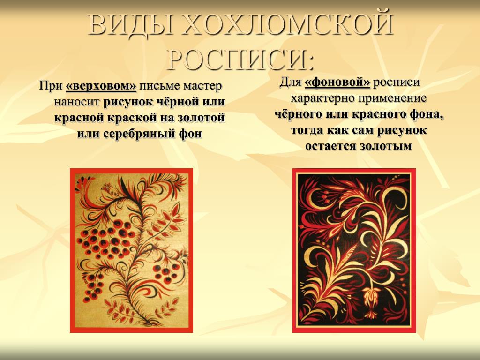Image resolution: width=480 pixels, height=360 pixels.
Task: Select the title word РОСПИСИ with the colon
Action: (x=241, y=59)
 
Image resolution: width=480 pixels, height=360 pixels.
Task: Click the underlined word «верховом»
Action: (x=101, y=86)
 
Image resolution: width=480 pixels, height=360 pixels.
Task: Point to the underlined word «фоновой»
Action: (x=337, y=82)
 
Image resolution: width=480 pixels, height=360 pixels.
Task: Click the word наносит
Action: (x=77, y=102)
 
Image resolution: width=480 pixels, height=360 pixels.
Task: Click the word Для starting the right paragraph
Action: (x=291, y=82)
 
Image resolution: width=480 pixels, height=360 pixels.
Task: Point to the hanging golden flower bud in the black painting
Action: (x=371, y=301)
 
